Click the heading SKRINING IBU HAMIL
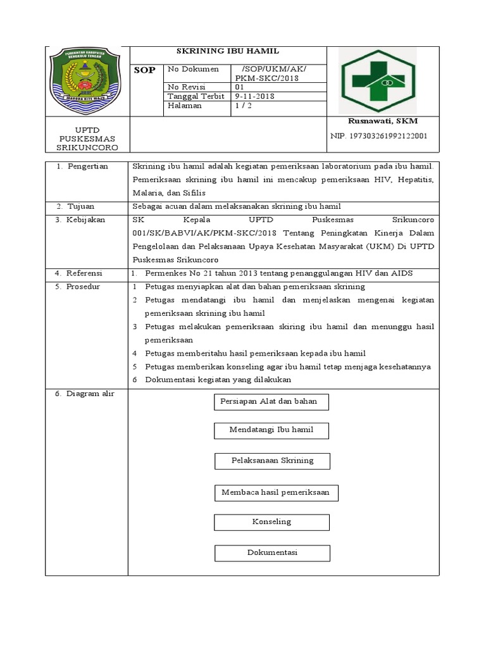[x=227, y=51]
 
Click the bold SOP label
[x=144, y=70]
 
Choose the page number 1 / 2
[x=244, y=106]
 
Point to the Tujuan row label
[x=80, y=206]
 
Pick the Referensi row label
[x=87, y=273]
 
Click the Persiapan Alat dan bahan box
[x=268, y=401]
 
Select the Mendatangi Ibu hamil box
[x=271, y=430]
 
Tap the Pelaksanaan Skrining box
[x=272, y=461]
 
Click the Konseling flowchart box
[x=271, y=522]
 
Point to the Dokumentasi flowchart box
[x=272, y=552]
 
